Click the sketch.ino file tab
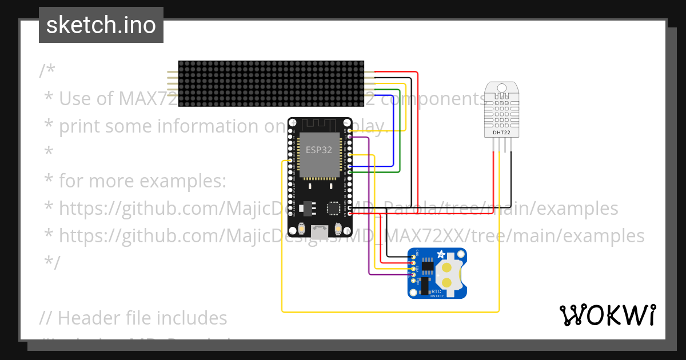point(101,25)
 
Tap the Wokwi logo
point(607,315)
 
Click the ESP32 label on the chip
point(318,150)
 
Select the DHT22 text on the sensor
point(501,133)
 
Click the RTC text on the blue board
point(436,291)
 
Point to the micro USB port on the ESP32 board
point(320,231)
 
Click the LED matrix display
point(271,84)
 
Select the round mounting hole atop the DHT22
point(501,88)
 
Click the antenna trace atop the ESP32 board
point(320,124)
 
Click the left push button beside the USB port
point(301,229)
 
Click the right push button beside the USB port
point(338,229)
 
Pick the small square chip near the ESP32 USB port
point(333,208)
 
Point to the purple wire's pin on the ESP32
point(350,137)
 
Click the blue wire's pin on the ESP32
point(350,166)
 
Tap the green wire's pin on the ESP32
point(350,171)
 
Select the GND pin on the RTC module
point(413,257)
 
